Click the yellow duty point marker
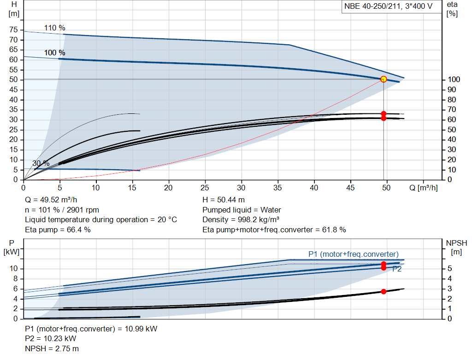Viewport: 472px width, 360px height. (x=383, y=79)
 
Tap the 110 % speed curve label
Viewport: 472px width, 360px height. (x=54, y=28)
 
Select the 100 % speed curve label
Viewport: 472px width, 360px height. (x=54, y=53)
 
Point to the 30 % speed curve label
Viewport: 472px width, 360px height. (x=41, y=163)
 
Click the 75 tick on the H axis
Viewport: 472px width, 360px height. (x=13, y=30)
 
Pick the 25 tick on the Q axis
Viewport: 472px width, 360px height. (x=205, y=188)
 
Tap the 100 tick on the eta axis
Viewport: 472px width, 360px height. (x=454, y=79)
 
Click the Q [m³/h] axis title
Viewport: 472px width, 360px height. (x=424, y=188)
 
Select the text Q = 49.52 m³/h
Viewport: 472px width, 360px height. (x=51, y=200)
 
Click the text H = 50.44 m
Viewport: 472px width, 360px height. (x=224, y=200)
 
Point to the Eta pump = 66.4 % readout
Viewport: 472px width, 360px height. (x=58, y=230)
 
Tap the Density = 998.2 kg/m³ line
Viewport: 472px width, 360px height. (x=241, y=220)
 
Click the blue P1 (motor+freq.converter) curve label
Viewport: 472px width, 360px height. (x=354, y=254)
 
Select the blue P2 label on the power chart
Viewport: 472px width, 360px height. (x=397, y=269)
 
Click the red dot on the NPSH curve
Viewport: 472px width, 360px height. (x=383, y=291)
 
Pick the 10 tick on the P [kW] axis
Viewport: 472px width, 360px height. (x=13, y=268)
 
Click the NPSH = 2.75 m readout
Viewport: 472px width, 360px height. (x=52, y=348)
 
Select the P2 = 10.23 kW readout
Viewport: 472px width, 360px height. (x=51, y=339)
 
